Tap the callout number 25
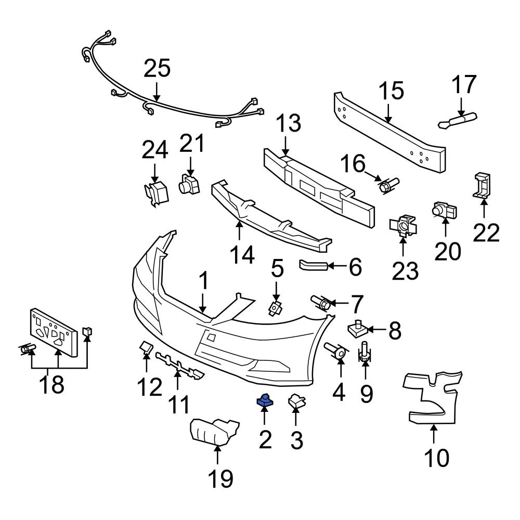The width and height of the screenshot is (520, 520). (157, 69)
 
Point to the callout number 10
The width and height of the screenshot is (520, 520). (436, 458)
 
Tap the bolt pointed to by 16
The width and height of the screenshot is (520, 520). (387, 185)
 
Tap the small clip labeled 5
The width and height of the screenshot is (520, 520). (275, 308)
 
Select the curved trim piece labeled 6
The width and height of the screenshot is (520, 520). (313, 266)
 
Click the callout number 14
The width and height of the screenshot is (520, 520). (242, 255)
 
